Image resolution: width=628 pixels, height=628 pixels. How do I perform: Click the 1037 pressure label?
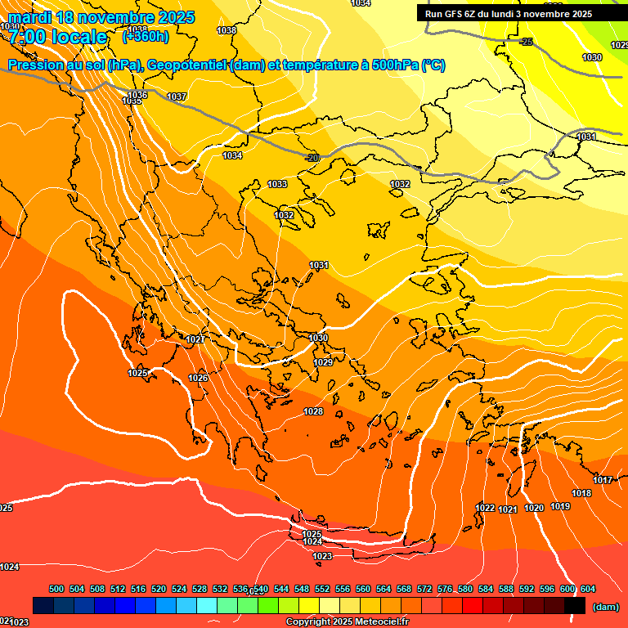177,96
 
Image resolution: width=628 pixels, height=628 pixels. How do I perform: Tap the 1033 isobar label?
278,184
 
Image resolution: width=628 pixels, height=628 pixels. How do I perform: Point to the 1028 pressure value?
313,411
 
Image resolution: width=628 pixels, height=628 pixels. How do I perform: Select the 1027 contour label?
195,339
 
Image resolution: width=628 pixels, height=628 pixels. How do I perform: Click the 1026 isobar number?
198,378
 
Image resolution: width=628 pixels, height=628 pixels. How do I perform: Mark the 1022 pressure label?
485,508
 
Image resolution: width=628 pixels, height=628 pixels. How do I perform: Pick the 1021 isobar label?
508,509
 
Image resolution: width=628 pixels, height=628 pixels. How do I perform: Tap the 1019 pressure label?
560,506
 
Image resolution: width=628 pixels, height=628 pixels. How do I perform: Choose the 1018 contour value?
581,493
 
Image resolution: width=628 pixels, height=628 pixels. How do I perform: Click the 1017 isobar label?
603,480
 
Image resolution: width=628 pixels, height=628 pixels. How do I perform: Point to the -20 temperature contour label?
312,157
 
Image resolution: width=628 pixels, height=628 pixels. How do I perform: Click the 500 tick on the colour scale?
56,589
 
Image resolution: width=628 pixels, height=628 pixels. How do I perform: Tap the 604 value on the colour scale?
588,589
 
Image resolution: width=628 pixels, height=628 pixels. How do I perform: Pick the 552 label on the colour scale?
322,589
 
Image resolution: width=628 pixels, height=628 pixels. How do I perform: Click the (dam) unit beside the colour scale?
605,607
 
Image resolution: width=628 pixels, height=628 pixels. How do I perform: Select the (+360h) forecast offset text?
146,36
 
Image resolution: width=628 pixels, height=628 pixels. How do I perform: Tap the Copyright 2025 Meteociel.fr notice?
347,622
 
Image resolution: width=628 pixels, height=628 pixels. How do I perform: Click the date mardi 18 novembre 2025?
102,16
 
